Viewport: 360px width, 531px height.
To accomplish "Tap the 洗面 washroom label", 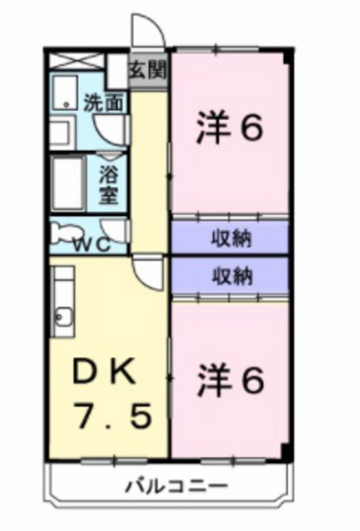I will click(x=104, y=103).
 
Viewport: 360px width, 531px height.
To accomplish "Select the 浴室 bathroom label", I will click(x=109, y=184).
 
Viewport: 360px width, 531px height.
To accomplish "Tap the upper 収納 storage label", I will click(x=231, y=239).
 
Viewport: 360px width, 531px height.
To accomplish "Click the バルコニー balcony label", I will click(x=177, y=487).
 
